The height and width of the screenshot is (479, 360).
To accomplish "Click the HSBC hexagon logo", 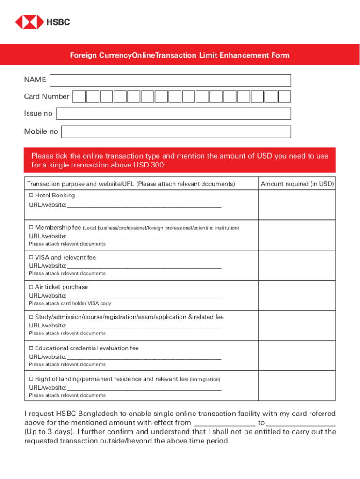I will (x=29, y=22).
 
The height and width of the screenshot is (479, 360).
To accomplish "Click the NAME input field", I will (x=170, y=80).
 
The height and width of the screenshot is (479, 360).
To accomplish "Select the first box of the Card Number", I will (x=79, y=97).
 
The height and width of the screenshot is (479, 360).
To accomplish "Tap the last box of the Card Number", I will (x=285, y=97).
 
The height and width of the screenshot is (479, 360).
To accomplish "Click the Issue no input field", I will (x=173, y=114).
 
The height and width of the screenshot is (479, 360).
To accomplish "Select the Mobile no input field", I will (x=176, y=132).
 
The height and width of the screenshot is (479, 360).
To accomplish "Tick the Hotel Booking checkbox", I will (x=31, y=195).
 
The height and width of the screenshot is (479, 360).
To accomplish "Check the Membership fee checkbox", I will (x=31, y=227).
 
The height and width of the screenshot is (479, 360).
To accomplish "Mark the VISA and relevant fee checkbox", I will (x=31, y=257).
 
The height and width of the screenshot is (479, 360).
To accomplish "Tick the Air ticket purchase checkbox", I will (x=31, y=287).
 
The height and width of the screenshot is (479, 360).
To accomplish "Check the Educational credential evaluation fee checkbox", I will (x=31, y=348).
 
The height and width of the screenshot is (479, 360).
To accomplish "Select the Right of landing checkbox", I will (x=31, y=379).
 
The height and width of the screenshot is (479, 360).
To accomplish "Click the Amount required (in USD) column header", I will (x=297, y=184).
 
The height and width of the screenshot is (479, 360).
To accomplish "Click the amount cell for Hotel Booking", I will (x=297, y=205).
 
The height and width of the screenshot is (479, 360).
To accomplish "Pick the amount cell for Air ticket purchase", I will (x=297, y=295).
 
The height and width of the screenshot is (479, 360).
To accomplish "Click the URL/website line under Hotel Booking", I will (x=144, y=205).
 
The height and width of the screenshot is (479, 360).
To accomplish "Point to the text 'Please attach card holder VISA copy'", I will (x=70, y=303).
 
